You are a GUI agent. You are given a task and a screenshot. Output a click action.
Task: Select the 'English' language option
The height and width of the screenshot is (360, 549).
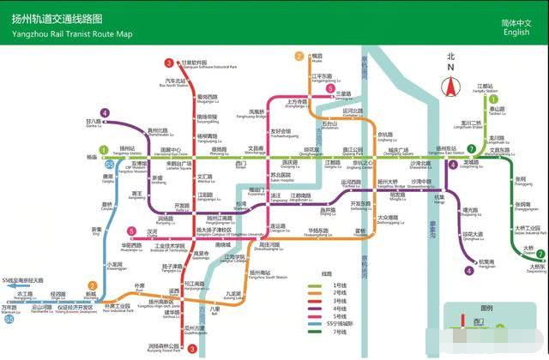tap(516, 33)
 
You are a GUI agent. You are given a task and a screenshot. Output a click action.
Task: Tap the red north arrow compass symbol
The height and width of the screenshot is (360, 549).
tap(449, 85)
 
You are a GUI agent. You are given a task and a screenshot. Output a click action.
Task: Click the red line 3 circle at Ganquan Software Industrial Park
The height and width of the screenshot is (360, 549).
tap(169, 63)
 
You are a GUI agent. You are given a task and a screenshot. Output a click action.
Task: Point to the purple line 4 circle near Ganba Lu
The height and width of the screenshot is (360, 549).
tap(105, 112)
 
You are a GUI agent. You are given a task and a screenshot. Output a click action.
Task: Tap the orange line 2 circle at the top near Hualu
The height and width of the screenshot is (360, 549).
tap(299, 57)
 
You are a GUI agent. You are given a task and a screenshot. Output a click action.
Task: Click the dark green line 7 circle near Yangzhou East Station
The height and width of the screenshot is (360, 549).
tap(472, 148)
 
